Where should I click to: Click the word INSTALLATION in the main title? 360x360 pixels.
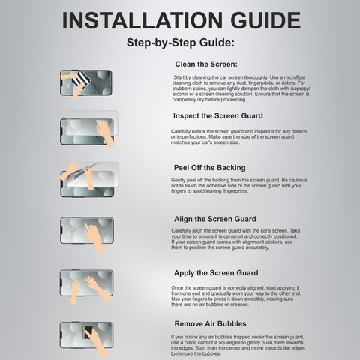tap(142, 20)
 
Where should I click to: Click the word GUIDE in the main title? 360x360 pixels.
tap(265, 20)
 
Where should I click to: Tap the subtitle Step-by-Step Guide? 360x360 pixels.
tap(181, 43)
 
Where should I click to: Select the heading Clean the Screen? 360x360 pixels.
tap(206, 64)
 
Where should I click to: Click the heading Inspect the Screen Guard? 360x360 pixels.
tap(218, 116)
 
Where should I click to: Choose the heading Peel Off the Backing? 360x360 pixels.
tap(210, 168)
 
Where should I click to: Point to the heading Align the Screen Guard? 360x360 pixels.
tap(215, 219)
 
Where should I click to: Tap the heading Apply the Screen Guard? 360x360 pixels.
tap(216, 273)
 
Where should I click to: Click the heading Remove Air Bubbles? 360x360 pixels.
tap(210, 324)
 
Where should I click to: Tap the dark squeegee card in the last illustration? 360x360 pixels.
tap(88, 332)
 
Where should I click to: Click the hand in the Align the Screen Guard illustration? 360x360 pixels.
tap(94, 238)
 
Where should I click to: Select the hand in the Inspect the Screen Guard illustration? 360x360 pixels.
tap(105, 133)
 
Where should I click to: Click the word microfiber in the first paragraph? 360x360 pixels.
tap(295, 77)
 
